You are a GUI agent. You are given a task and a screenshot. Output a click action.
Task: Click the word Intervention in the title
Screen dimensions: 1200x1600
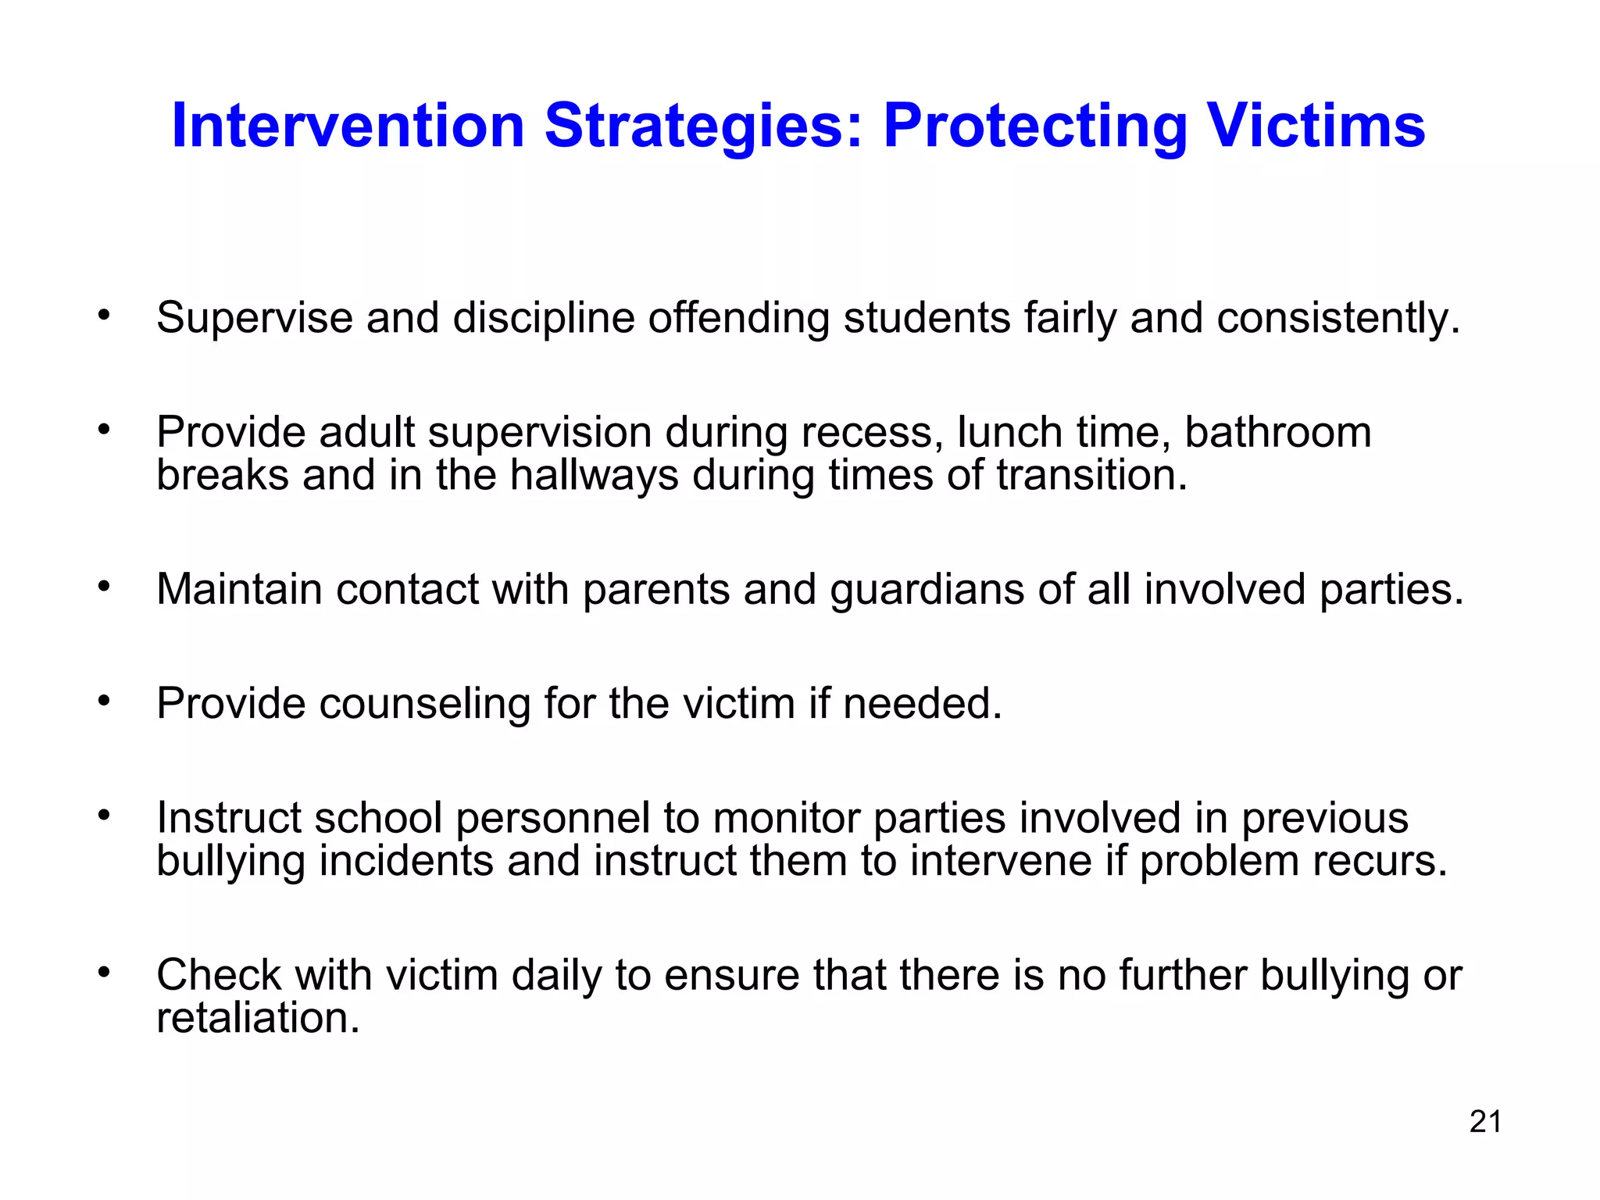coord(348,126)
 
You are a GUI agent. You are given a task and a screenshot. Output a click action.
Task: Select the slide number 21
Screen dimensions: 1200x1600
coord(1485,1121)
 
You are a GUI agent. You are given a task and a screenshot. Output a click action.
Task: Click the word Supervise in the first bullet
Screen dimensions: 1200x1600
coord(254,318)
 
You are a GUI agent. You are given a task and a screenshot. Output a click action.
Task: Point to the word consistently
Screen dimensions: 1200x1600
coord(1337,318)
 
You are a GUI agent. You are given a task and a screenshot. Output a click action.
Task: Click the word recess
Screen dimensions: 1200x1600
coord(867,432)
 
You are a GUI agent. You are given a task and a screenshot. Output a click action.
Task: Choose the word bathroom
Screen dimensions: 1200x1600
coord(1277,432)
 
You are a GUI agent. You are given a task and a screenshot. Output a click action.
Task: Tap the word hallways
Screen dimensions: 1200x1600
coord(594,475)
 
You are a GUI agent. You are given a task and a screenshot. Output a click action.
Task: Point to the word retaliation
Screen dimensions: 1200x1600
coord(258,1018)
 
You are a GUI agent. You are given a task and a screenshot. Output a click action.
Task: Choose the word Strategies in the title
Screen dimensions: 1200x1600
coord(703,126)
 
